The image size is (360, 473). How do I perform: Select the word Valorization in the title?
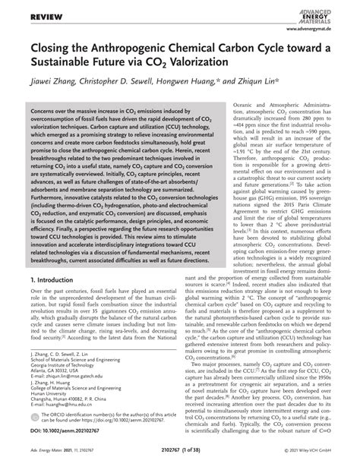251,67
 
